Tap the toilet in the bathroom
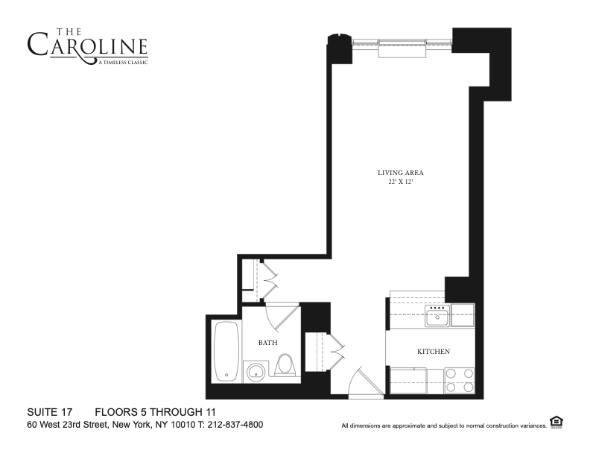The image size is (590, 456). pos(285,364)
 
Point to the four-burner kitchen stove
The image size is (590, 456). pos(459,380)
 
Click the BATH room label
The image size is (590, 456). pos(268,343)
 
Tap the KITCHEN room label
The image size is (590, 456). pos(434,352)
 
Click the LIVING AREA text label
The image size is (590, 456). pos(400,173)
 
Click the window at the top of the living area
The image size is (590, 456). pos(402,46)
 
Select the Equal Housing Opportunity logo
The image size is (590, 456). pos(555,422)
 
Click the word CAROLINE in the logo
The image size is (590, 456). pos(87,46)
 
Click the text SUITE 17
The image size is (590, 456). pos(48,412)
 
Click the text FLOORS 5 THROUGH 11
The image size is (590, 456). pos(155,412)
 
